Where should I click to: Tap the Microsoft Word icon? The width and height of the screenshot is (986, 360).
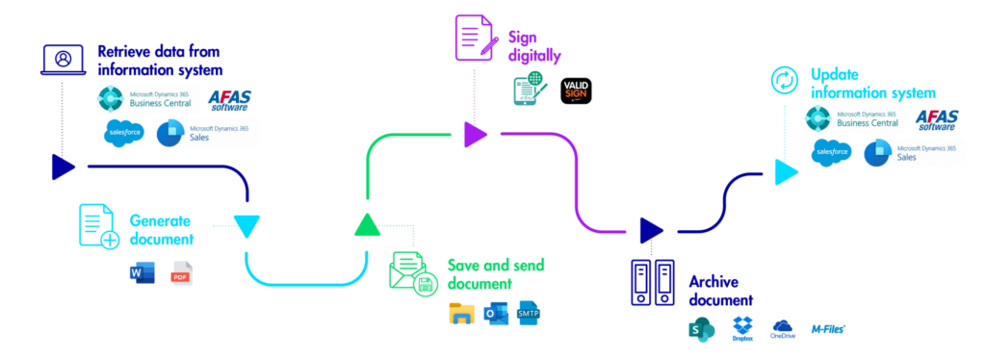[x=142, y=273]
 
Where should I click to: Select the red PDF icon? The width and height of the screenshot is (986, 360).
[x=181, y=273]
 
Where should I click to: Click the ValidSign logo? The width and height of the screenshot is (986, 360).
[x=576, y=90]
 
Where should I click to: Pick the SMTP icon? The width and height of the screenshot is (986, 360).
[x=529, y=314]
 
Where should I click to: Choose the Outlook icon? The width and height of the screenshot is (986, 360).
[x=496, y=314]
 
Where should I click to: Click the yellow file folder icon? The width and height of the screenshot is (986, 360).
[x=462, y=314]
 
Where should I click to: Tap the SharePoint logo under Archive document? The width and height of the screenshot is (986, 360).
[x=702, y=329]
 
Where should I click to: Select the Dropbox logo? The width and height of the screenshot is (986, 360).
[x=742, y=328]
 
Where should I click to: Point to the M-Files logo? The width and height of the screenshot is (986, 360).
[x=827, y=328]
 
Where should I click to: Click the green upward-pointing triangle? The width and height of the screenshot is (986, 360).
[x=367, y=225]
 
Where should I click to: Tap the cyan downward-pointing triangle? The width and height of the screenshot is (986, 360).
[x=247, y=226]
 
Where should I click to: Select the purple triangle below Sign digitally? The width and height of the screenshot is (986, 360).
[x=475, y=135]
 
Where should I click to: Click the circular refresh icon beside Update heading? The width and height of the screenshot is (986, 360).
[x=785, y=81]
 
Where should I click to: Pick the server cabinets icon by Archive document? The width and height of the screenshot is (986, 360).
[x=653, y=283]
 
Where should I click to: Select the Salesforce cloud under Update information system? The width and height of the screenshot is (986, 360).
[x=832, y=152]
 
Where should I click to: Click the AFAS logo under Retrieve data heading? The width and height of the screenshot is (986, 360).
[x=229, y=99]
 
